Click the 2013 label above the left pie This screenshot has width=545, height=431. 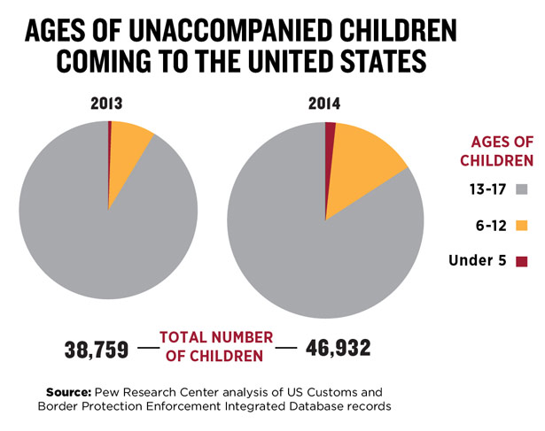coord(108,104)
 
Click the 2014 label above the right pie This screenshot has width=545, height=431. coord(324,104)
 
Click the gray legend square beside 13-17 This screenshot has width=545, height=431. coord(521,189)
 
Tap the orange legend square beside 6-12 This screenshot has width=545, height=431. coord(521,225)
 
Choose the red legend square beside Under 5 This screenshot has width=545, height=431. coord(521,260)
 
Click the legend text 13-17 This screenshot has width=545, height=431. coord(487,189)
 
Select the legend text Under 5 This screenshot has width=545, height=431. coord(479,260)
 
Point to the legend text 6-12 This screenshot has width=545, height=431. coord(489,225)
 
